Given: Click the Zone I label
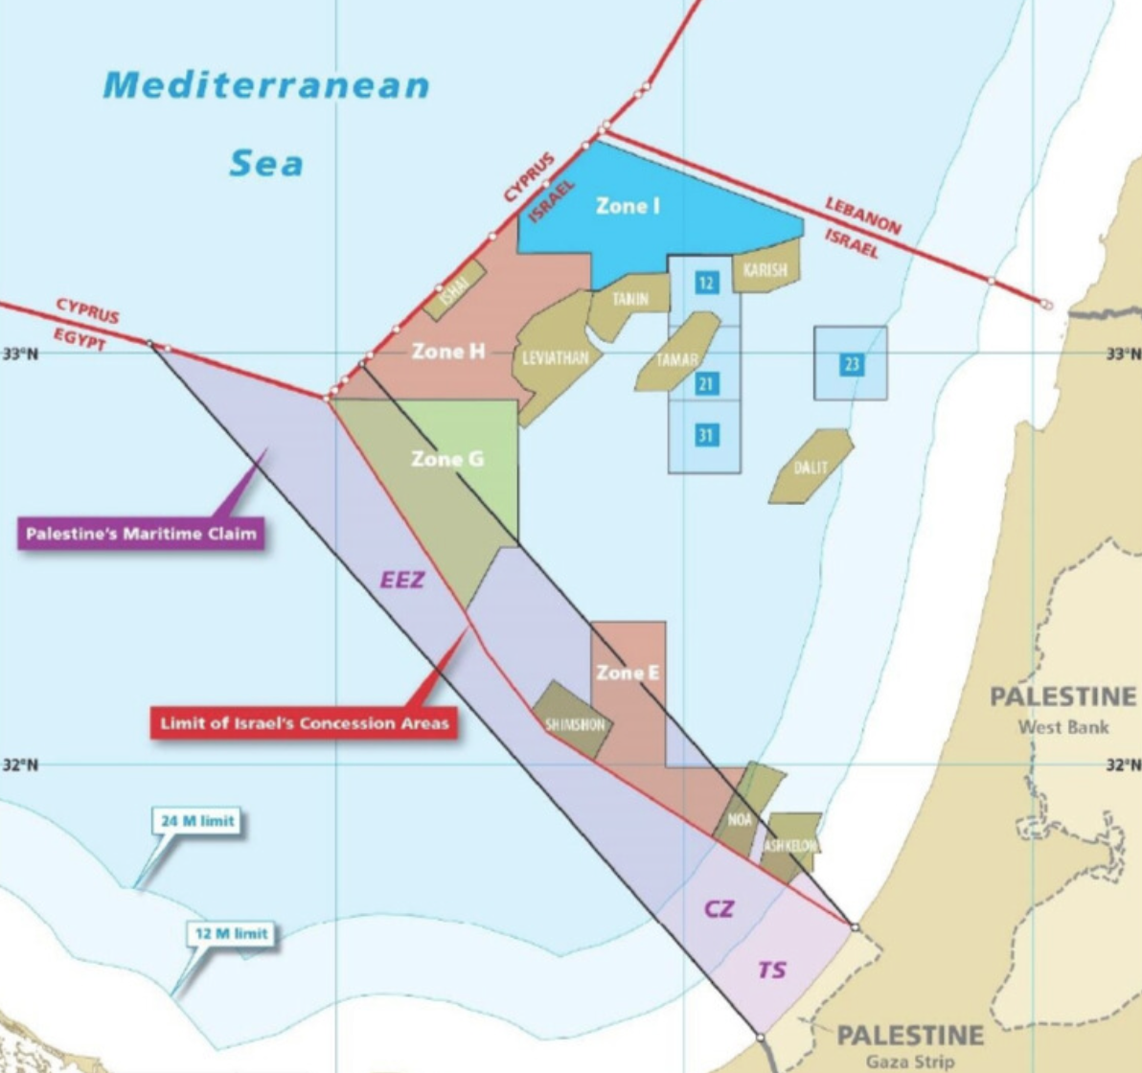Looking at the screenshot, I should pos(628,206).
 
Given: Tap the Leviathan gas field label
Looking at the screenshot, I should pos(556,358).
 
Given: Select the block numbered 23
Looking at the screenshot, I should pos(851,364).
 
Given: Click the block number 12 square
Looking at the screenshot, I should pos(706,283).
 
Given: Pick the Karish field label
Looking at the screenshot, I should pos(765,270).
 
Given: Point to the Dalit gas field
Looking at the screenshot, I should pos(810,468).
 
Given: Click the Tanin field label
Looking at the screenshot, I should pos(630,299).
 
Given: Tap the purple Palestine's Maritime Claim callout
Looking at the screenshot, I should pos(141,534).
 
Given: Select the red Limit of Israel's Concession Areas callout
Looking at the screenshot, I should pos(304,723).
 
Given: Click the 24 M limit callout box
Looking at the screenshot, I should pos(196,821).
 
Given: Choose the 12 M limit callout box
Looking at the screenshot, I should pos(231,933).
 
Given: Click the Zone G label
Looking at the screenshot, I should pos(447,459).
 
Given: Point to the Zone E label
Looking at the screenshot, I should pos(628,673).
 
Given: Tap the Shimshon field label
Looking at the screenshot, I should pos(575,724).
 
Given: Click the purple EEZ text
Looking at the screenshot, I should pos(401,580).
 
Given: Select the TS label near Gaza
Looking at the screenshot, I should pos(771,970).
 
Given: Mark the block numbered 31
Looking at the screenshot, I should pos(706,436).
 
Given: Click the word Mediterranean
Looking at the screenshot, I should pos(266,85).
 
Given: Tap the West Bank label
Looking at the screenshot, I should pos(1063,727).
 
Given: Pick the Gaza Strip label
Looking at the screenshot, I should pos(910,1062).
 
